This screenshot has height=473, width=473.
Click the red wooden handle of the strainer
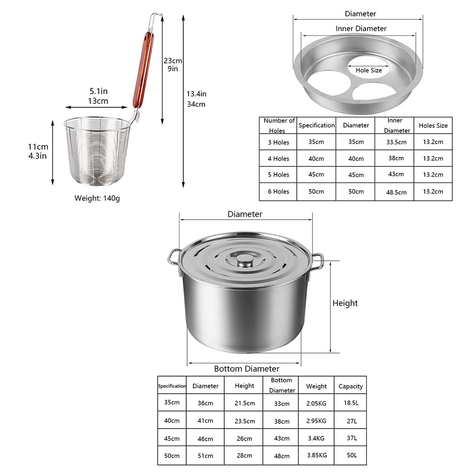click(x=144, y=69)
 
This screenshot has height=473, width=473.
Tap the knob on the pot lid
click(x=245, y=260)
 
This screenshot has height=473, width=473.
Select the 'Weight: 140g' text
click(x=97, y=198)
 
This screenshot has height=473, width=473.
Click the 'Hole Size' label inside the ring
click(x=369, y=70)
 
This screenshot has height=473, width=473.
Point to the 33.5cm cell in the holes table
click(x=396, y=142)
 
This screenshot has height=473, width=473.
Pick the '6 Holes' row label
click(x=278, y=191)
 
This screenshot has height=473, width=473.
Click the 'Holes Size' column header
click(x=433, y=126)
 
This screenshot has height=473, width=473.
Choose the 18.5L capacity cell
click(x=351, y=403)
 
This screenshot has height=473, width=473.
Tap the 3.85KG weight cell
click(x=317, y=455)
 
